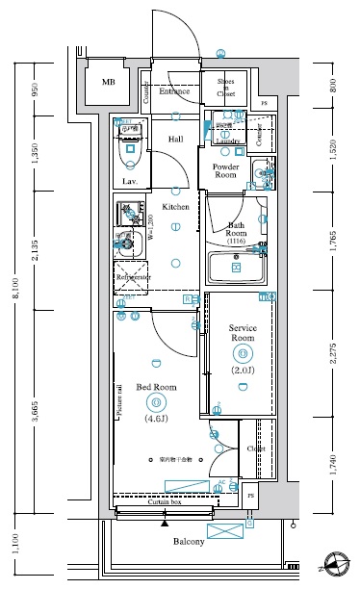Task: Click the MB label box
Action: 108,83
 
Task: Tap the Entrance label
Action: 174,91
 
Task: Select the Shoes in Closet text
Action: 226,88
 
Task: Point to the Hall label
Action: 176,140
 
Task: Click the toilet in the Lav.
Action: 129,152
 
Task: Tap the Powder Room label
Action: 225,170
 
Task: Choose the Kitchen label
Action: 175,207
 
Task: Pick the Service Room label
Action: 242,334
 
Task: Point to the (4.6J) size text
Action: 156,419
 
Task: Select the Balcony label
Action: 189,542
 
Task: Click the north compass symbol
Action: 336,567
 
